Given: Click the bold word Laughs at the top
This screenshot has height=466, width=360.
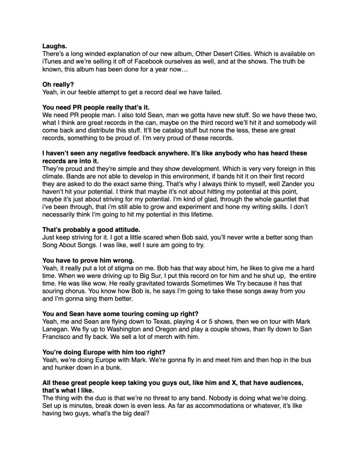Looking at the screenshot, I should [x=55, y=46].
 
